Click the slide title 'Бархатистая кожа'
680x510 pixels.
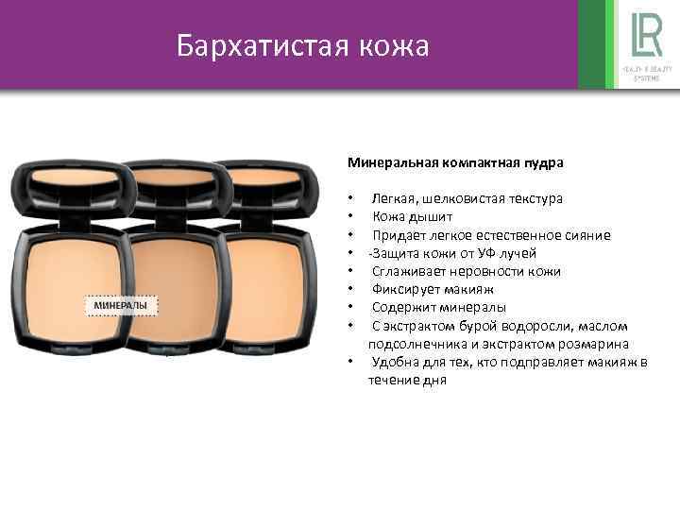click(302, 45)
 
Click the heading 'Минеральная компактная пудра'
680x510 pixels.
click(455, 162)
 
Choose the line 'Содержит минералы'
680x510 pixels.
click(438, 307)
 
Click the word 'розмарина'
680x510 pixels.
click(594, 344)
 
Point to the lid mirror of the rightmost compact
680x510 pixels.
click(274, 184)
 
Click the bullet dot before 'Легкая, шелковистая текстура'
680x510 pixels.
click(350, 199)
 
